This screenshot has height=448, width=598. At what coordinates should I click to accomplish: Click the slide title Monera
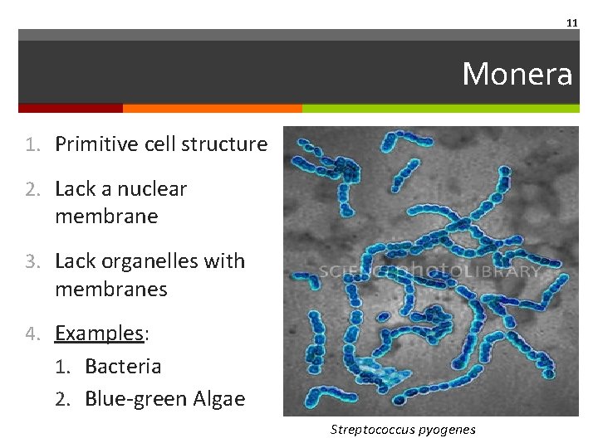point(517,74)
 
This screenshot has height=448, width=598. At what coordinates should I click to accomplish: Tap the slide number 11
point(571,23)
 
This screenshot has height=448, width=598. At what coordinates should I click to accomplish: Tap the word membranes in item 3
point(111,289)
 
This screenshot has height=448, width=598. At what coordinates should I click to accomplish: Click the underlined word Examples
point(99,333)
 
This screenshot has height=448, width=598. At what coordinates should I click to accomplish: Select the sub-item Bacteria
point(123,366)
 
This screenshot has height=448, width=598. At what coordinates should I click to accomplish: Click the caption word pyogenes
point(447,429)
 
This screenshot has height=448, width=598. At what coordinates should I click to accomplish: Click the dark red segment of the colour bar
point(71,108)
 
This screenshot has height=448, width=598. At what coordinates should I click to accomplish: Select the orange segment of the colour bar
point(212,108)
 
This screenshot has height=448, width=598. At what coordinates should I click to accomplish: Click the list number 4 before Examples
point(31,334)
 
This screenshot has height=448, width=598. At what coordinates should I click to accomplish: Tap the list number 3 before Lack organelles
point(31,261)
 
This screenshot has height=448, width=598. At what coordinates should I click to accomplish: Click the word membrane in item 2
point(107,217)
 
